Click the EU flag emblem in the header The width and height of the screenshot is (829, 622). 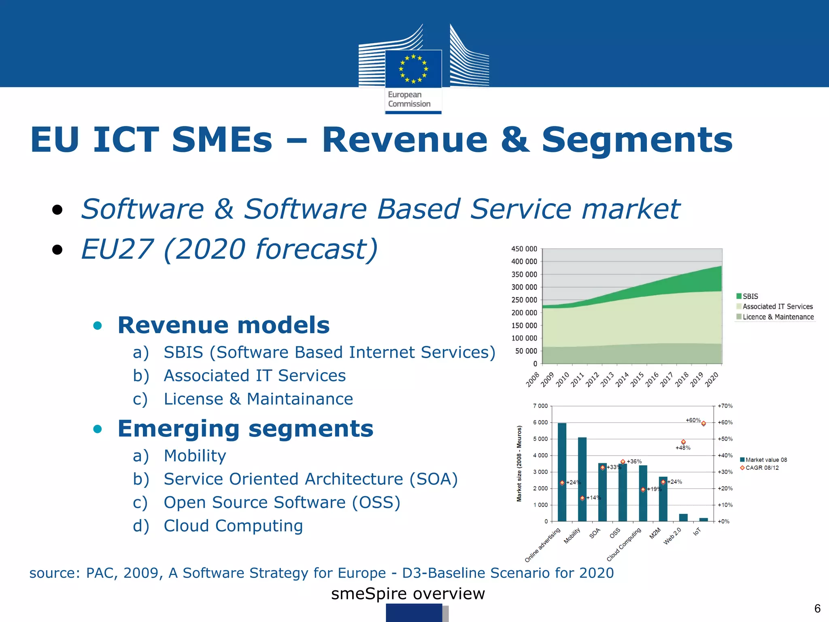click(413, 68)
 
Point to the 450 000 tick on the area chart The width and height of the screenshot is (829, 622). click(524, 249)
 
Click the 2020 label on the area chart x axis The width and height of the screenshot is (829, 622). click(712, 380)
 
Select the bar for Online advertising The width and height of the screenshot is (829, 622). click(562, 472)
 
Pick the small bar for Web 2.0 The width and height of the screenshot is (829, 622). click(683, 518)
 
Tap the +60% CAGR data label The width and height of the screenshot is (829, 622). click(693, 420)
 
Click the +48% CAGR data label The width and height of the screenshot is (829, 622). click(683, 448)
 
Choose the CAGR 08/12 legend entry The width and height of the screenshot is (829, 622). click(762, 468)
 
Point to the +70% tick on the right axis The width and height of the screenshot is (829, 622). click(725, 406)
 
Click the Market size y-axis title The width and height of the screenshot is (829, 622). click(519, 464)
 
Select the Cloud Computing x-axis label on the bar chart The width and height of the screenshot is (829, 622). click(624, 545)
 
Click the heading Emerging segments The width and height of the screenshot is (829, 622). click(245, 429)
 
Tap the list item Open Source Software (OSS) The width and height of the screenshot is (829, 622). click(282, 503)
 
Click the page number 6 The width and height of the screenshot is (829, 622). click(817, 609)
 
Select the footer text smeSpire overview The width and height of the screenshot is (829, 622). click(408, 594)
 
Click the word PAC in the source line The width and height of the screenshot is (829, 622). click(101, 573)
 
